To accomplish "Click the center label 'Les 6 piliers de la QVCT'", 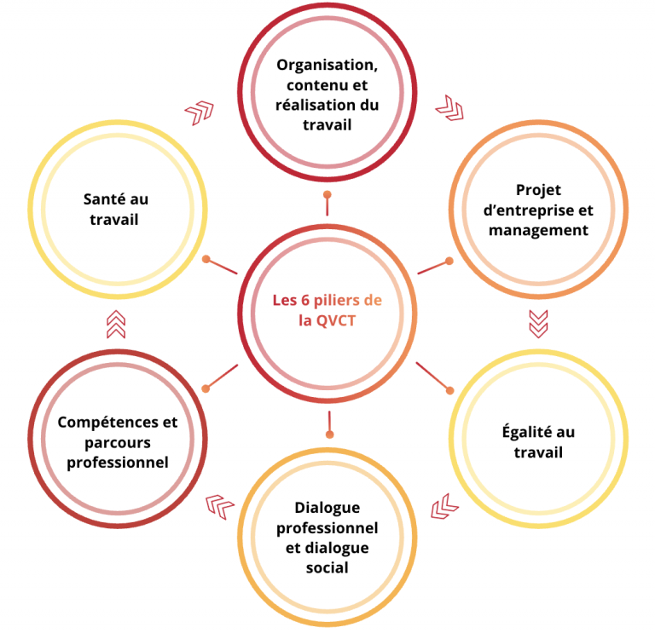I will coord(327,311).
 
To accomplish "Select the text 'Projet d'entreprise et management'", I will coord(538,210).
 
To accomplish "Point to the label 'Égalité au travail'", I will coord(538,441).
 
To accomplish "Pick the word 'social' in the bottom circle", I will coord(327,567).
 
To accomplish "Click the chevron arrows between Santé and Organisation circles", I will coord(200,112).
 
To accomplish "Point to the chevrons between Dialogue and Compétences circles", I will coord(221,508).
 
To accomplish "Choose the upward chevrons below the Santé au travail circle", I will coord(116,324).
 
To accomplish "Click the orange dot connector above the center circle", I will coord(327,195).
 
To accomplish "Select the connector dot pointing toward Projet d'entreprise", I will coord(449,260).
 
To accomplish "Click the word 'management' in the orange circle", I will coord(538,230).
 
